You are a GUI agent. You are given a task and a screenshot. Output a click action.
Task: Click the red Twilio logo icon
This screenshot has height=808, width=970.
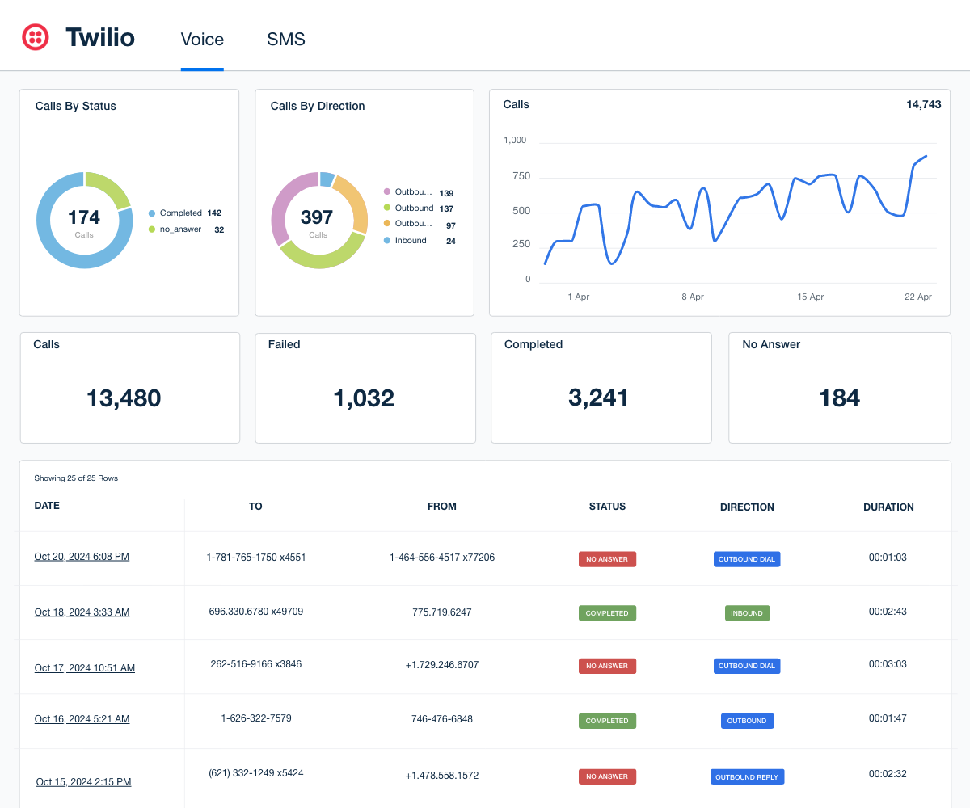pos(35,37)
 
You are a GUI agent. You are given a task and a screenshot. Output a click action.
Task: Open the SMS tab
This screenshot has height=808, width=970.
pos(285,39)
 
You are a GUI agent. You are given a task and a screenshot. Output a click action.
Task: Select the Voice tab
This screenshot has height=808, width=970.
pos(202,39)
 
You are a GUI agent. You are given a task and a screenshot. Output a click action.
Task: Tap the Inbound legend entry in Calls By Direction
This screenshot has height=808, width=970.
pos(411,241)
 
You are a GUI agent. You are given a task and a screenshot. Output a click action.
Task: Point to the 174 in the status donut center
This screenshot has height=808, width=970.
pos(84,217)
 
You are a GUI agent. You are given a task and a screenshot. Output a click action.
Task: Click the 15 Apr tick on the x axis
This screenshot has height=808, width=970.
pos(810,297)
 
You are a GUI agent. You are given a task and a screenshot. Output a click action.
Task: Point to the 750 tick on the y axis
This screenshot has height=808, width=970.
pos(521,176)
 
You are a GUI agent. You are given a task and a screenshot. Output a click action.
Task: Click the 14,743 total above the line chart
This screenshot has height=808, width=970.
pos(923,104)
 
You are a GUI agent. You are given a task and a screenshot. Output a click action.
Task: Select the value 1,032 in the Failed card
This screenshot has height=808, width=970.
pos(364,398)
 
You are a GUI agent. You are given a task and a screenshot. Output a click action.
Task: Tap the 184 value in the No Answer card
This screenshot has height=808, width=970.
pos(839,398)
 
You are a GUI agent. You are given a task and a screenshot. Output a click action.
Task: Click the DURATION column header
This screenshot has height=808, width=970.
pos(888,507)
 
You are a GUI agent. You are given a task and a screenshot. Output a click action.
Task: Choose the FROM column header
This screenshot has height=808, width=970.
pos(441,507)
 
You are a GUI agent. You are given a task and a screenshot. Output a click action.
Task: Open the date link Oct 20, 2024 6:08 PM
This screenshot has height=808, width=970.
pos(82,557)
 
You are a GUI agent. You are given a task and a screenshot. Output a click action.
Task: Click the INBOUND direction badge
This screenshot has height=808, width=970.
pos(747,613)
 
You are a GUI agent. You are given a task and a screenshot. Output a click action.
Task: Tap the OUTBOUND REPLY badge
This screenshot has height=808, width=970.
pos(747,777)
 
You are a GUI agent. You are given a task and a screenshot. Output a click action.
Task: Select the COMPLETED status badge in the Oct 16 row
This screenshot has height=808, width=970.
pos(607,721)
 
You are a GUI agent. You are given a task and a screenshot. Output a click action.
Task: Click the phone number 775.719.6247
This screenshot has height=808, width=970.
pos(441,612)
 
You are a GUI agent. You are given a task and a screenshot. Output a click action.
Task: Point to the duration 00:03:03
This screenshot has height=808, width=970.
pos(888,664)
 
